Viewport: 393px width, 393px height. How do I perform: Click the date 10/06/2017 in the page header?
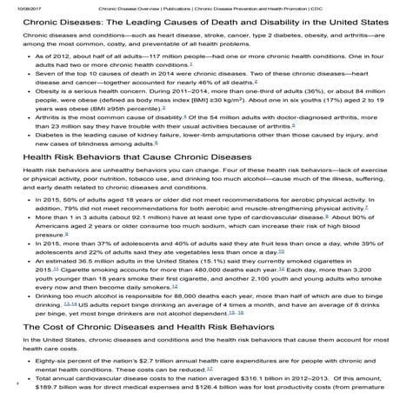point(15,8)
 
